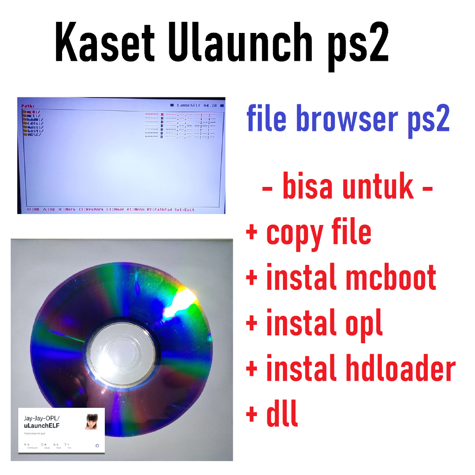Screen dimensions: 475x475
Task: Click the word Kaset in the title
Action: [x=104, y=44]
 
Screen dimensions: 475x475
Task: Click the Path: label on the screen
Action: [x=28, y=106]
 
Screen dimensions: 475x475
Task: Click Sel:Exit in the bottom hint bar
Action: [x=184, y=210]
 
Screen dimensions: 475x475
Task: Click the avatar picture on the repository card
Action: [x=91, y=422]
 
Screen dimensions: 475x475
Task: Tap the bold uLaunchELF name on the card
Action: [x=42, y=425]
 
